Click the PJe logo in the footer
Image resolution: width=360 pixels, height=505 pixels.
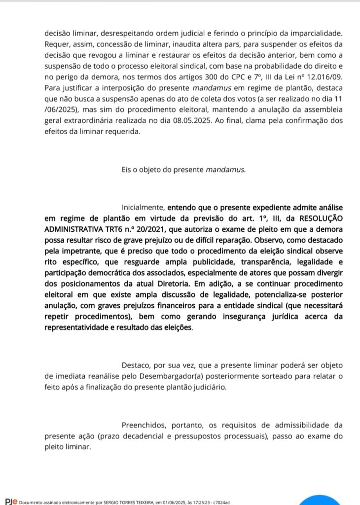pyautogui.click(x=11, y=501)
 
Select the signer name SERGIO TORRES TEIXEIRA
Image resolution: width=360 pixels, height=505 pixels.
pyautogui.click(x=125, y=502)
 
